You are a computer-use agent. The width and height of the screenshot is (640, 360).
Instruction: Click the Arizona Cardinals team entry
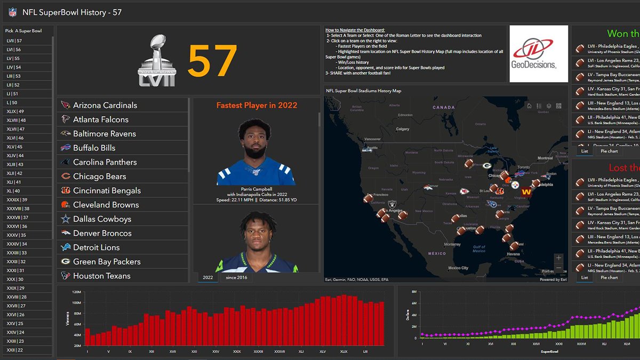coord(105,105)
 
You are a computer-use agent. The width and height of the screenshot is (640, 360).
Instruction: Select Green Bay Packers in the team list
coord(107,262)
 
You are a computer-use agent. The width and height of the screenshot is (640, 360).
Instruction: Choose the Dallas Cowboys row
coord(102,219)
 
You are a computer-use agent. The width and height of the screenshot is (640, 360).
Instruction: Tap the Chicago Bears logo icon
coord(66,177)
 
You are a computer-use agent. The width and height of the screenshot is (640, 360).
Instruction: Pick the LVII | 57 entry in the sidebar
coord(14,41)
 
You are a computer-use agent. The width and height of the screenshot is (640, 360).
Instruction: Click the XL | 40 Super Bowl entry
coord(13,191)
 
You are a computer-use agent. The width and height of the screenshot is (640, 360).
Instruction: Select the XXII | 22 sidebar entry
coord(14,350)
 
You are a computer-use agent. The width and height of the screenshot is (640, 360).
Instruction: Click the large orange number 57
coord(212,61)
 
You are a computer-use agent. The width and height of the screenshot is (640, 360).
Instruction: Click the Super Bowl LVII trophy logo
coord(157,60)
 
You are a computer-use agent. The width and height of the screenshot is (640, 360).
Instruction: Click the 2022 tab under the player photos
coord(207,277)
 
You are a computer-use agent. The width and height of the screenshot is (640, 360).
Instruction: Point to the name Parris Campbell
coord(256,189)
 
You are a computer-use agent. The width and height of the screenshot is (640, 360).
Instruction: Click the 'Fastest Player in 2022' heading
coord(257,105)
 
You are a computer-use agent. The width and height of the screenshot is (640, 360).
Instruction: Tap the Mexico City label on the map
coord(458,268)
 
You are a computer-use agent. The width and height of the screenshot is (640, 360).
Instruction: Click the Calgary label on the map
coord(403,129)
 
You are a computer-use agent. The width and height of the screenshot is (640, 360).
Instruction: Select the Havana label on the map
coord(513,254)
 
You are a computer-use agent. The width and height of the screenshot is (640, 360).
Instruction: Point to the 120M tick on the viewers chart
coord(76,292)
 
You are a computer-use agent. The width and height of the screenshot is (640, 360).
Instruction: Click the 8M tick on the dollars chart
coord(413,292)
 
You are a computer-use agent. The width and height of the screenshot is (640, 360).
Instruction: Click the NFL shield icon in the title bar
coord(12,12)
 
